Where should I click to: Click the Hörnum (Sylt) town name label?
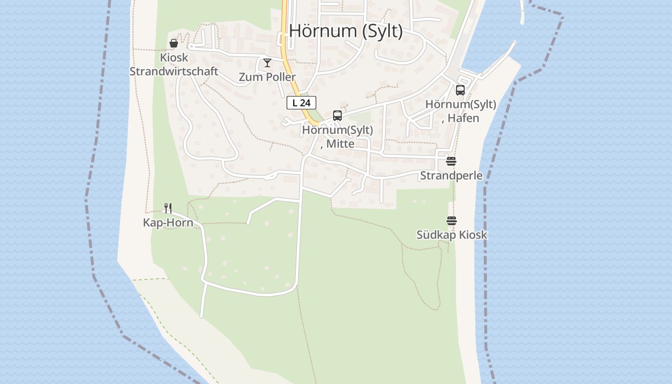(346, 31)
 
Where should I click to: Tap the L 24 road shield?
(301, 103)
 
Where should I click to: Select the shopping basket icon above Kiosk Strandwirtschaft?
(174, 44)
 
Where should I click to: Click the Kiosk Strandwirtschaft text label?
(174, 64)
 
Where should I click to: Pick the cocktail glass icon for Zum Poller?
(267, 63)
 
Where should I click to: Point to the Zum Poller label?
(267, 77)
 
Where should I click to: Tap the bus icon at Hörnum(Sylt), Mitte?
(337, 116)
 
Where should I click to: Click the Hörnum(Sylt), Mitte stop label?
(337, 136)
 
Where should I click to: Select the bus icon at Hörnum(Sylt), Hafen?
(460, 90)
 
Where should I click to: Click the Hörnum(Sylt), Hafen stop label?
(461, 111)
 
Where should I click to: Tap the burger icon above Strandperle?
(451, 161)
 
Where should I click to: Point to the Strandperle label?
(451, 175)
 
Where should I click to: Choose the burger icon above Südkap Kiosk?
(452, 221)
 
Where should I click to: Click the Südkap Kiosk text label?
(452, 235)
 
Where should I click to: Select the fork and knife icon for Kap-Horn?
(168, 208)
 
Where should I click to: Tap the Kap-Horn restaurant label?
(168, 222)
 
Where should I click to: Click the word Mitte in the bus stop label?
(341, 144)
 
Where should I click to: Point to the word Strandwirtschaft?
(174, 71)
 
